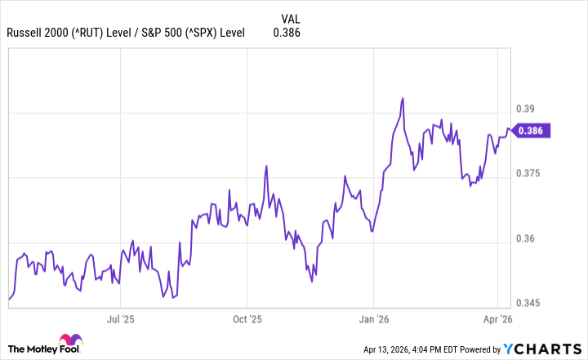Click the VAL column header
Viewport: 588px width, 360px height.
[x=290, y=18]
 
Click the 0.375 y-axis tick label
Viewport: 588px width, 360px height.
[x=529, y=174]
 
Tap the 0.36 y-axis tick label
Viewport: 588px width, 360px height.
[x=527, y=239]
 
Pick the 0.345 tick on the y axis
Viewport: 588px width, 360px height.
[x=529, y=304]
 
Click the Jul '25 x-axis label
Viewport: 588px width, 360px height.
[x=120, y=320]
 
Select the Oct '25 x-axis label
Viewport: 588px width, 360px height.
[x=246, y=320]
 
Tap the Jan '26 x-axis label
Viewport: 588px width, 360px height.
[x=372, y=320]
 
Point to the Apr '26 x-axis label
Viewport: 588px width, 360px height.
[x=497, y=320]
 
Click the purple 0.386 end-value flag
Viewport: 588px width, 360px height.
[x=533, y=130]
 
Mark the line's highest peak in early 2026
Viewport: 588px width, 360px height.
[x=403, y=99]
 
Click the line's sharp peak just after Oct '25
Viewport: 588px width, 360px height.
[x=266, y=166]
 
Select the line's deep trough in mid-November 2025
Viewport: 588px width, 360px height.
[x=312, y=282]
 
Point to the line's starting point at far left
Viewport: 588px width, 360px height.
[x=9, y=300]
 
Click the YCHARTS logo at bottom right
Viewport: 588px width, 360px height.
[x=543, y=349]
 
